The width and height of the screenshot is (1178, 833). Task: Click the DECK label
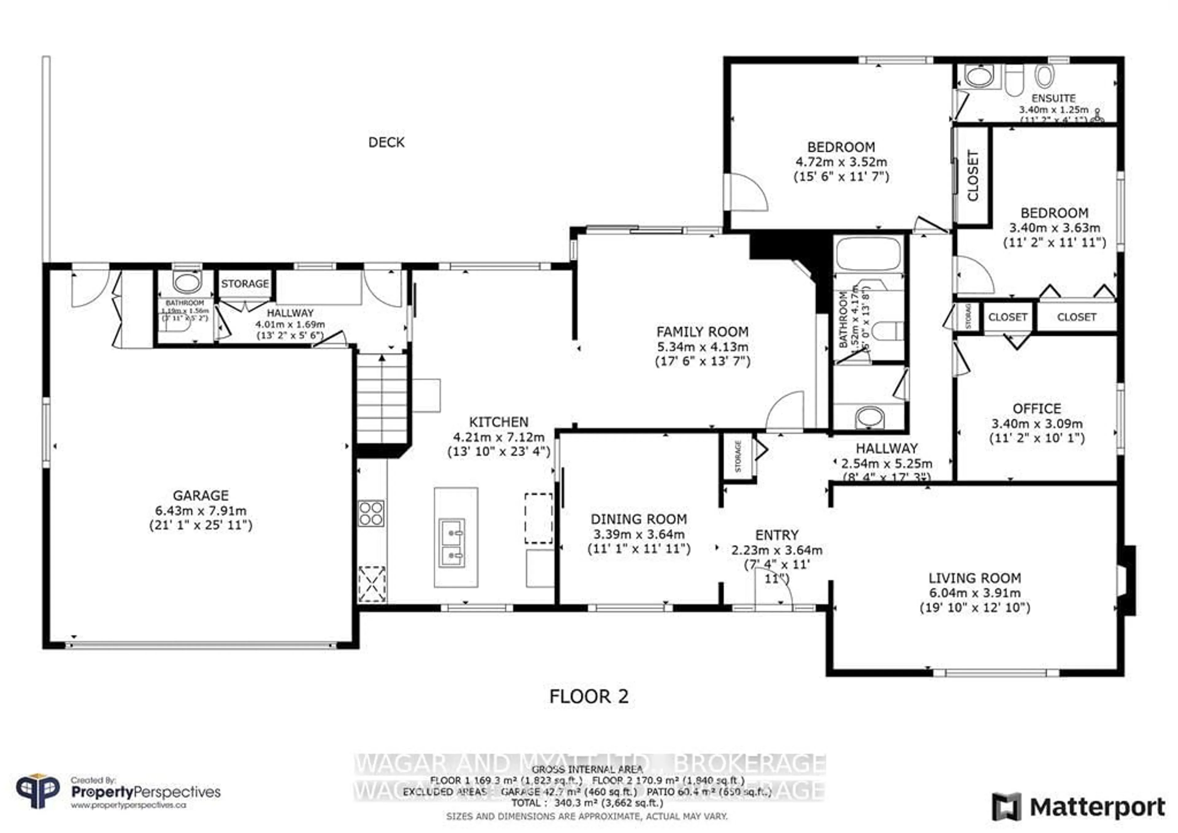(x=386, y=142)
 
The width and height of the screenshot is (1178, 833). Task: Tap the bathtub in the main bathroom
(x=868, y=253)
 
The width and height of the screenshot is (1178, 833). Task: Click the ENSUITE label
(x=1053, y=98)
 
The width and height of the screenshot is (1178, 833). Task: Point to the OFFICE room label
(x=1036, y=409)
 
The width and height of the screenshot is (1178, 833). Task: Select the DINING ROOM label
(x=638, y=519)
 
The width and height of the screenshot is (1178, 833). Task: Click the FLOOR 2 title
(x=588, y=696)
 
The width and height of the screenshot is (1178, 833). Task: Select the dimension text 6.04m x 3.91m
(x=974, y=593)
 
